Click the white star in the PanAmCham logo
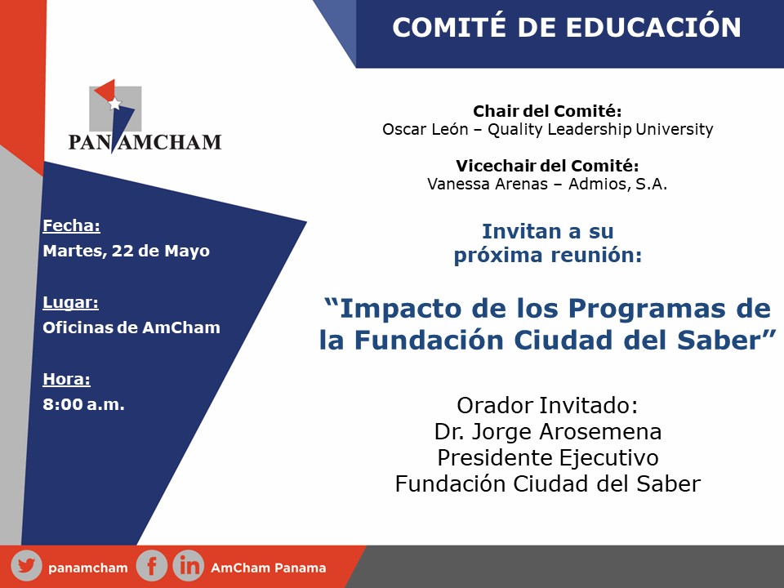pyautogui.click(x=115, y=104)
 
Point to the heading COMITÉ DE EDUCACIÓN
pyautogui.click(x=567, y=27)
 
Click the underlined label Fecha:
pyautogui.click(x=72, y=225)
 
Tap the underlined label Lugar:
pyautogui.click(x=70, y=302)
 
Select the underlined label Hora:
pyautogui.click(x=66, y=379)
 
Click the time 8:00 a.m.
pyautogui.click(x=83, y=404)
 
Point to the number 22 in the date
pyautogui.click(x=122, y=251)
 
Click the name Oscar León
pyautogui.click(x=425, y=129)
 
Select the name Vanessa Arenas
pyautogui.click(x=488, y=184)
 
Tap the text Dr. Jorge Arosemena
pyautogui.click(x=548, y=431)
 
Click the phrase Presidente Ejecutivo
pyautogui.click(x=548, y=458)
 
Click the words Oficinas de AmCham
pyautogui.click(x=131, y=327)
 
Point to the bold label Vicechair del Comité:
pyautogui.click(x=547, y=166)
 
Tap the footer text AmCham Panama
pyautogui.click(x=269, y=568)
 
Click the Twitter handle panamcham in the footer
pyautogui.click(x=88, y=568)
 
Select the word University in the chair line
pyautogui.click(x=675, y=129)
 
